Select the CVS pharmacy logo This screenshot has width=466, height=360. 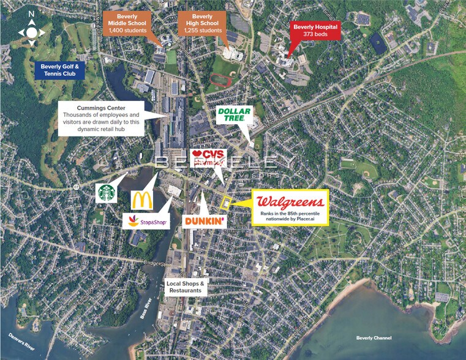209,158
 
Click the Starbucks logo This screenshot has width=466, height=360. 107,192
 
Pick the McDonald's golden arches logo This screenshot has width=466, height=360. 142,199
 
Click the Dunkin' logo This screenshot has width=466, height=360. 204,220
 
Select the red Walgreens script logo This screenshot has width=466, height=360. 290,202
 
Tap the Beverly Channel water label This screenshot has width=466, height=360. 374,338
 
